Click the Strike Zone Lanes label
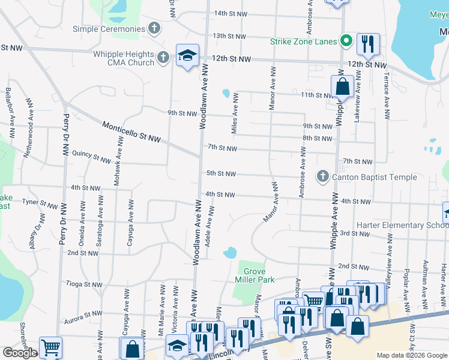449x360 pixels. click(302, 41)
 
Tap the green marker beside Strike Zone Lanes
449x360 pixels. click(345, 41)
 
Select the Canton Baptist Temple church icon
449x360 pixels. click(322, 176)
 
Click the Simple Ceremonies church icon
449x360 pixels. click(154, 28)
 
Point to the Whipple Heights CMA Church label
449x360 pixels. click(124, 58)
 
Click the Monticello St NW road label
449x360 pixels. click(131, 133)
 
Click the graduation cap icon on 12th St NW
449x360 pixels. click(187, 56)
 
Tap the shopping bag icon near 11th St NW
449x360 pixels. click(342, 86)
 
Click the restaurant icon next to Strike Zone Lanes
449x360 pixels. click(367, 43)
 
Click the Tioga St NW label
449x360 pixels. click(84, 284)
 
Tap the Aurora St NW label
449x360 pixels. click(84, 314)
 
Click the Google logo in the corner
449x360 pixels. click(20, 353)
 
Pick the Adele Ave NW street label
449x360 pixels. click(210, 231)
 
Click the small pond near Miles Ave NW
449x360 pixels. click(226, 93)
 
